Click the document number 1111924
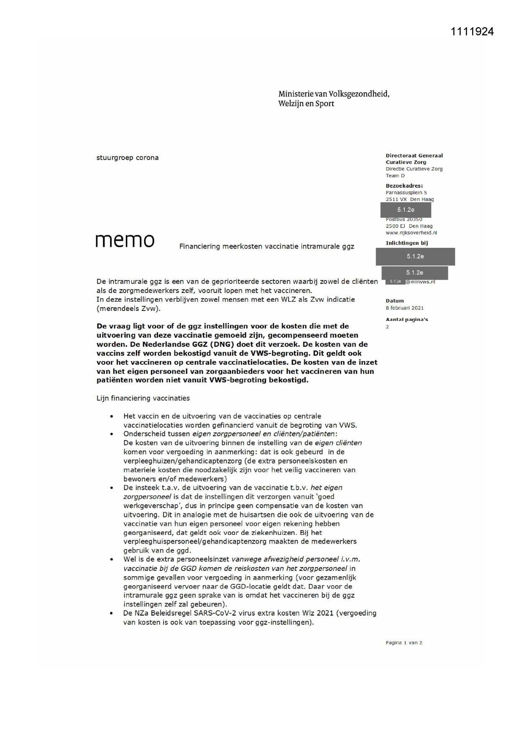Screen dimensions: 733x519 tap(472, 32)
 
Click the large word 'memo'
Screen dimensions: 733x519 tap(125, 240)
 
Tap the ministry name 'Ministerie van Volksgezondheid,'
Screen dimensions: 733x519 tap(334, 94)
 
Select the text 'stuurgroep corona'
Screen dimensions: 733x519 tap(128, 158)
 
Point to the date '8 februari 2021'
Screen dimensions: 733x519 tap(404, 308)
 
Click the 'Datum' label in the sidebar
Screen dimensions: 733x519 tap(394, 300)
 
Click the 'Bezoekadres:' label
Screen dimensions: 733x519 tap(404, 186)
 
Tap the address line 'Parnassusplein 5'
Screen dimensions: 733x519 tap(406, 193)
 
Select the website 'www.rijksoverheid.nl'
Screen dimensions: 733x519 tap(411, 233)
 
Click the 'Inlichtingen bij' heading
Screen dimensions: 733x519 tap(407, 243)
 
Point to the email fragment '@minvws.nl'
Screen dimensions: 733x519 tap(420, 282)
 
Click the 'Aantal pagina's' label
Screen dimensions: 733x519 tap(407, 319)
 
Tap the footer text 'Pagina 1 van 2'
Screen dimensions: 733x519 tap(404, 643)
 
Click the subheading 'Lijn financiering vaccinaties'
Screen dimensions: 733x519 tap(143, 398)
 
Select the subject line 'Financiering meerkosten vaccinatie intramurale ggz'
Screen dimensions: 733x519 tap(266, 247)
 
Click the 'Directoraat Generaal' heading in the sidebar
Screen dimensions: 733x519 tap(414, 155)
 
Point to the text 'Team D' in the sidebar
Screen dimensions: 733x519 tap(395, 176)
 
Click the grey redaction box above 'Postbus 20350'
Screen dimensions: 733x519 tap(405, 210)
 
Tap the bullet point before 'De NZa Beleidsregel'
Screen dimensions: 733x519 tap(112, 613)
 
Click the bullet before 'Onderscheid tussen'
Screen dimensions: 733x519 tap(112, 434)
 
